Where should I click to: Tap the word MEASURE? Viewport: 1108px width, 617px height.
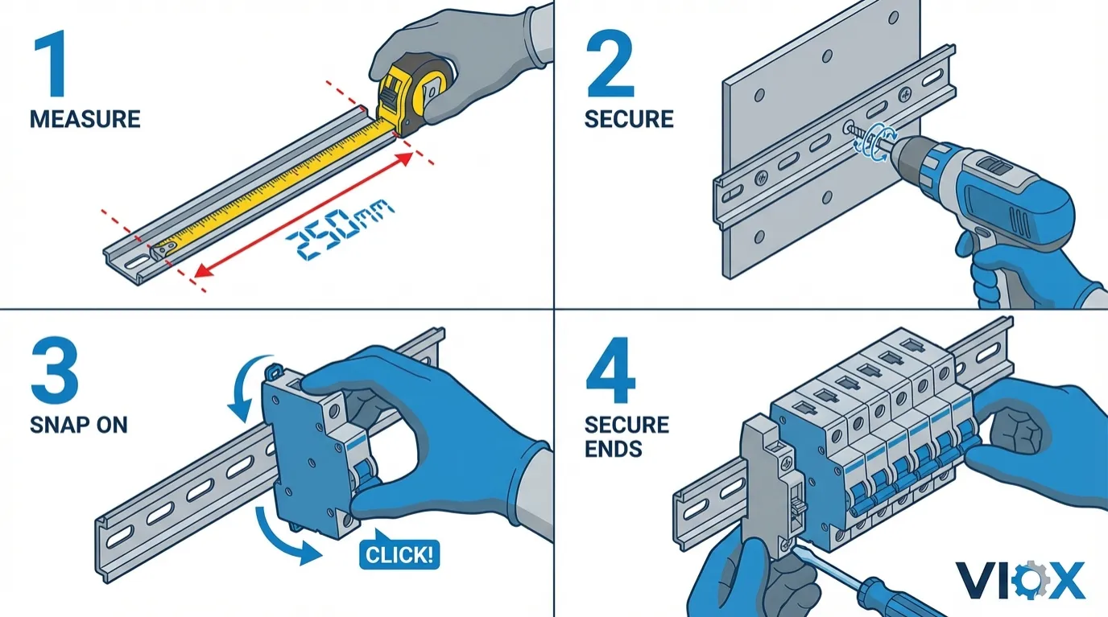pyautogui.click(x=85, y=120)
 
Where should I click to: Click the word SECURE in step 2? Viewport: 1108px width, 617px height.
pyautogui.click(x=628, y=120)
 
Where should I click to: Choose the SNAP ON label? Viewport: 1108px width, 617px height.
pyautogui.click(x=79, y=425)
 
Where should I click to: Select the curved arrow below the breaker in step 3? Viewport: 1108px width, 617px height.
pyautogui.click(x=278, y=535)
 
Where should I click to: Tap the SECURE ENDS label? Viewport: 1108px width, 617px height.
pyautogui.click(x=626, y=436)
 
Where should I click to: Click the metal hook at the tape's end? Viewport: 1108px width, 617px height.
pyautogui.click(x=162, y=251)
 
